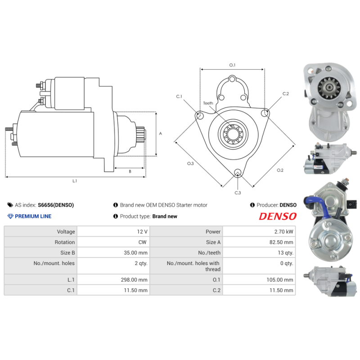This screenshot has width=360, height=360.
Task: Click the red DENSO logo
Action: [x=278, y=216]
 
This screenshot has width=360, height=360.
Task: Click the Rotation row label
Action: [x=65, y=242]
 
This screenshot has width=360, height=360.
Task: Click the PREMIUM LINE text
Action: [x=33, y=216]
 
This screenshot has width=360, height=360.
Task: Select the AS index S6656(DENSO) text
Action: [x=55, y=205]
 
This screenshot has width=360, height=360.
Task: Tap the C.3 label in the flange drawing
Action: [x=238, y=193]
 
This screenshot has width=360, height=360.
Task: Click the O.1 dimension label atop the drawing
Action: [x=232, y=65]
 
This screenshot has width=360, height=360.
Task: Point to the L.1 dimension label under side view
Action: [x=75, y=181]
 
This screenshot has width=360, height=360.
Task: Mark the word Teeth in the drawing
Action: [x=208, y=103]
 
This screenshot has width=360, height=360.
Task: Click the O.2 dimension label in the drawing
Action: [x=279, y=170]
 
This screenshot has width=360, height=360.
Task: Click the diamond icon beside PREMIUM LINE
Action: [x=11, y=216]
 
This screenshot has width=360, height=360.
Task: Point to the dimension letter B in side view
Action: [x=130, y=171]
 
